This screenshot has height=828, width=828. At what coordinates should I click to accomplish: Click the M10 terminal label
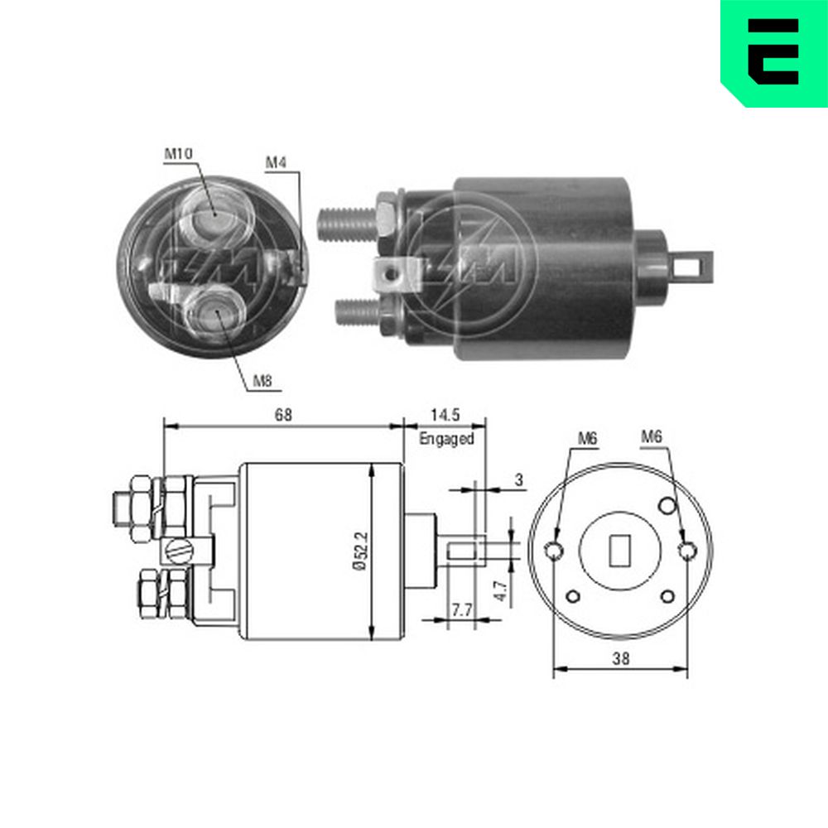(179, 154)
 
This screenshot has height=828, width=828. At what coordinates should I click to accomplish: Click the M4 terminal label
(276, 162)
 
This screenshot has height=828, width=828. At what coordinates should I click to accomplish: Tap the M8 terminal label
(262, 381)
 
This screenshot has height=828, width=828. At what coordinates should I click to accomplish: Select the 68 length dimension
(283, 415)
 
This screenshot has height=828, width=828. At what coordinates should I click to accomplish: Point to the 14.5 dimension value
(445, 415)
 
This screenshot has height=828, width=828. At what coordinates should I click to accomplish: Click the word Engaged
(447, 439)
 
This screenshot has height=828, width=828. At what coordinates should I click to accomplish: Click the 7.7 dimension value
(461, 610)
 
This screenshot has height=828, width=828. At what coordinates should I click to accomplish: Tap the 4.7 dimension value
(501, 591)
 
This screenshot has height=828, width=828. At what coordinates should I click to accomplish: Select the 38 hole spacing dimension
(621, 659)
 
